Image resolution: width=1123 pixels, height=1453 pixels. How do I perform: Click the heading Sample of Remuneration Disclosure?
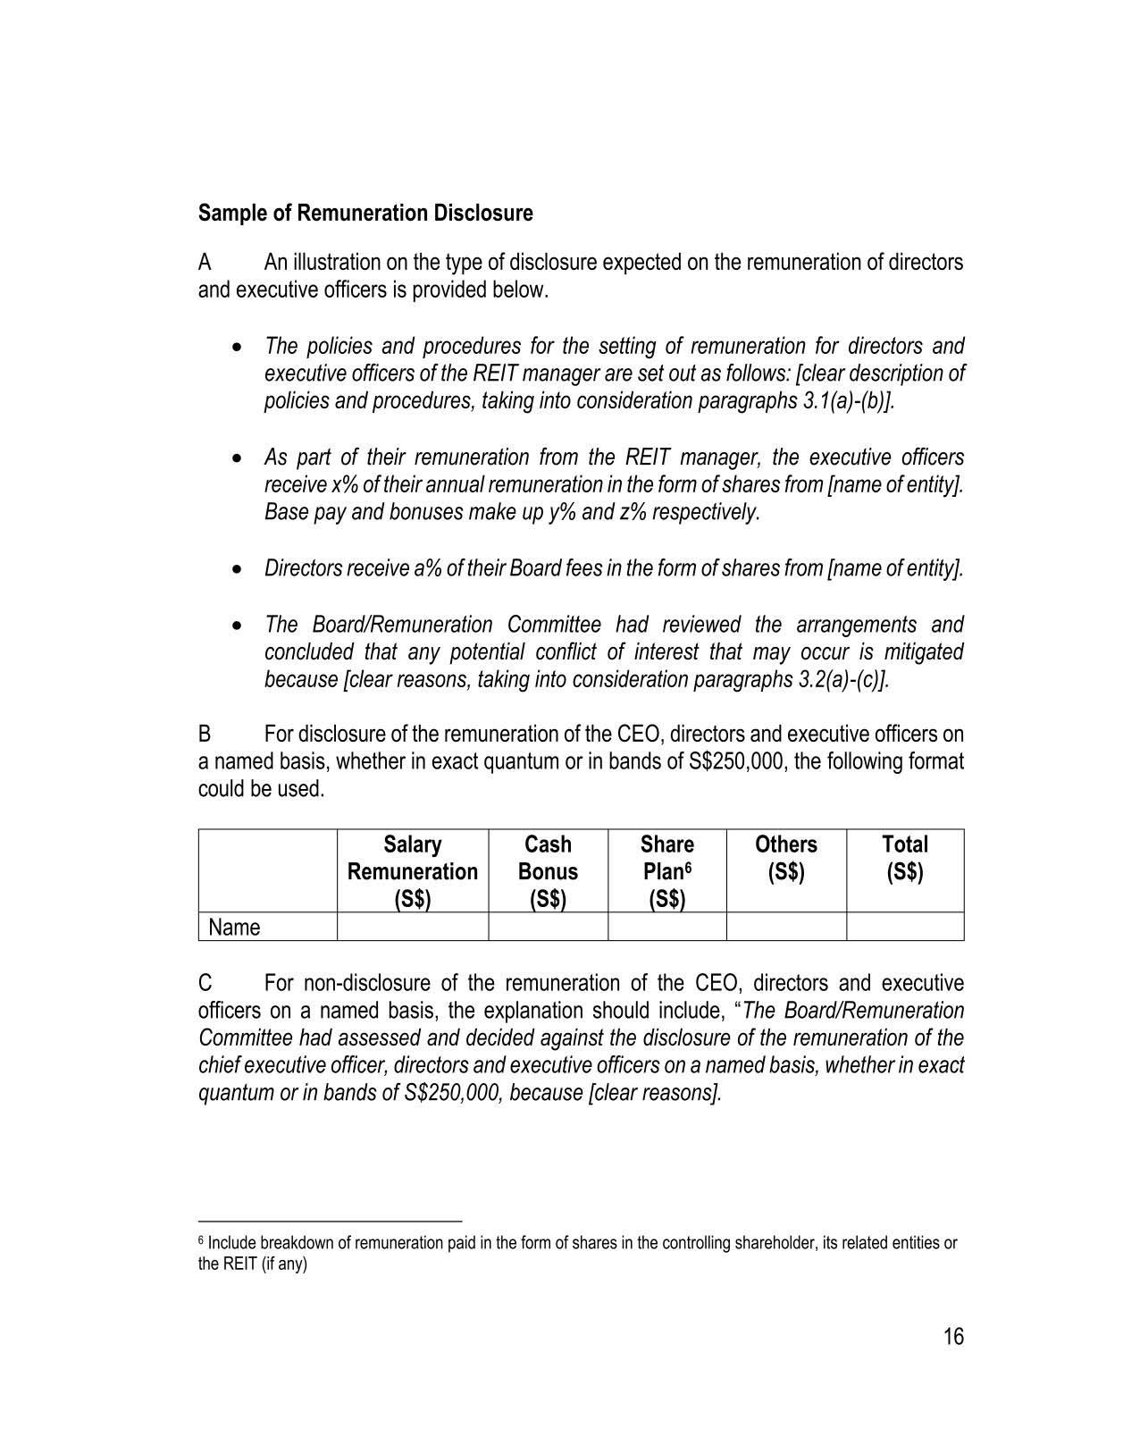[x=365, y=214]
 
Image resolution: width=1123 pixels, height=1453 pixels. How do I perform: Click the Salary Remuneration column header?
[x=412, y=870]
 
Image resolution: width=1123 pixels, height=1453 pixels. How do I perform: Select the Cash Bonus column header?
[x=548, y=870]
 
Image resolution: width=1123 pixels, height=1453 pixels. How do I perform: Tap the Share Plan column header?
[x=666, y=870]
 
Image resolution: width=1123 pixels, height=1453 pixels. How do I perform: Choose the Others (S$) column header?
[x=786, y=858]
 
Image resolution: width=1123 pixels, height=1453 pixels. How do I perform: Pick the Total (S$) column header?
[x=905, y=858]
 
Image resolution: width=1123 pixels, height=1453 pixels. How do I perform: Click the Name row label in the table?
[x=234, y=928]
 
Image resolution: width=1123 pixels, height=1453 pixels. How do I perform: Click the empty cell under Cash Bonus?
[x=548, y=927]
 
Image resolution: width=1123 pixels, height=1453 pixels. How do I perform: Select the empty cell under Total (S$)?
[x=905, y=927]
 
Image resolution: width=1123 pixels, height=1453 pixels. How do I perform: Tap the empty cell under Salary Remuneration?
[x=412, y=927]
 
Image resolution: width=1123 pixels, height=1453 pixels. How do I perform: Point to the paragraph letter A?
[x=205, y=263]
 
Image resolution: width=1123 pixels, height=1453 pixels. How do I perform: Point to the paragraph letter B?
[x=205, y=735]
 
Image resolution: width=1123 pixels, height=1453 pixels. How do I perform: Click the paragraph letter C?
[x=205, y=984]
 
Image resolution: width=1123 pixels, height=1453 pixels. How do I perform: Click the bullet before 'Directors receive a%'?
[x=237, y=569]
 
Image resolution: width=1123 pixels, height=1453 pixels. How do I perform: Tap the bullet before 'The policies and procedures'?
[x=237, y=347]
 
